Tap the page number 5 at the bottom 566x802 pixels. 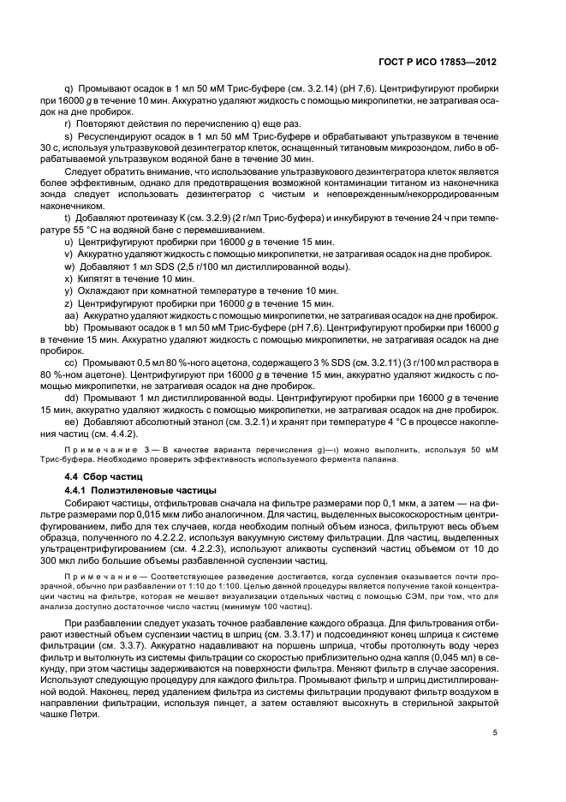(495, 732)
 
